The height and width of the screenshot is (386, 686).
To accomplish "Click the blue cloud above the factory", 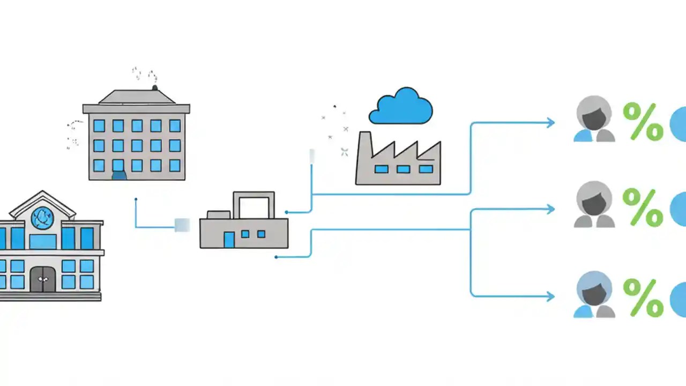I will click(x=401, y=107).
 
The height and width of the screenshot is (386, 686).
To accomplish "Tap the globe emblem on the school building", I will click(x=42, y=218).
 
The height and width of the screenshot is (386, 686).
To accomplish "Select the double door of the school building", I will click(x=43, y=279).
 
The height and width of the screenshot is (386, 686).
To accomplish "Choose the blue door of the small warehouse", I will click(x=229, y=239).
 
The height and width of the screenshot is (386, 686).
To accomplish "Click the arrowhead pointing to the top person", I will click(x=550, y=123).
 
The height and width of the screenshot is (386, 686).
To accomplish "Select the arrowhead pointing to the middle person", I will click(x=550, y=210).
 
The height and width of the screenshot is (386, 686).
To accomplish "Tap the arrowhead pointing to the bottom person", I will click(x=550, y=296).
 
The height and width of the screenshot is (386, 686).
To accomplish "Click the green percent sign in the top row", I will click(x=643, y=122).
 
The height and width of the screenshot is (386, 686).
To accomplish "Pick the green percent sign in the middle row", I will click(x=643, y=208).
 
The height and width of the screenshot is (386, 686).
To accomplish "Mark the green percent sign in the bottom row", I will click(x=643, y=298).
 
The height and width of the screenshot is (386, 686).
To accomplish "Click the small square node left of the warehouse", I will click(x=182, y=225).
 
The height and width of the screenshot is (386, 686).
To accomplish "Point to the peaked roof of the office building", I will click(x=136, y=97).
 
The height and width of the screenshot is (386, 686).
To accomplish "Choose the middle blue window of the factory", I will click(x=403, y=169).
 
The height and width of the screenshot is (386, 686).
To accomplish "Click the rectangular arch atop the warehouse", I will click(x=253, y=204).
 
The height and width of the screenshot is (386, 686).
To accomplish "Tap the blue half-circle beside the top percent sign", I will click(x=678, y=123).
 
